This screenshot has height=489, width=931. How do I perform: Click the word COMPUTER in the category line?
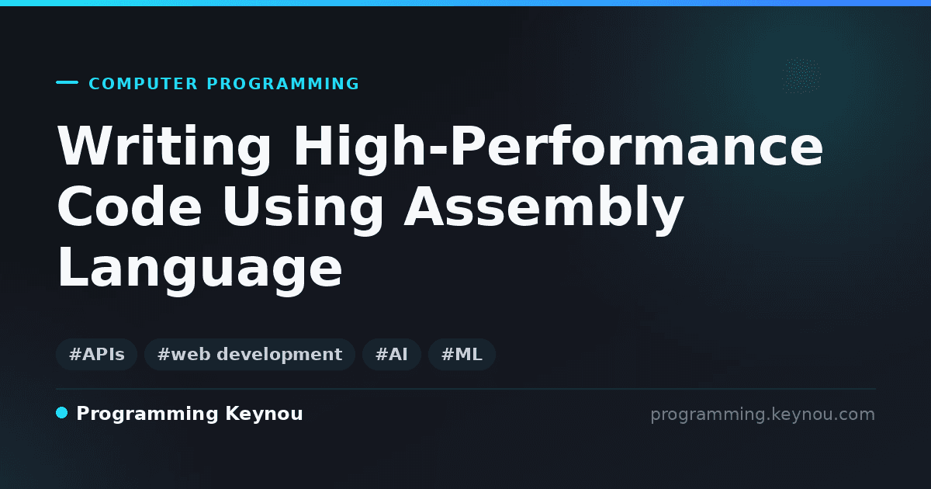[x=143, y=84]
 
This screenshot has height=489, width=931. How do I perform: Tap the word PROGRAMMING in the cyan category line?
[x=282, y=84]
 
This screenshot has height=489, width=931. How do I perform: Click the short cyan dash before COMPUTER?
[x=67, y=82]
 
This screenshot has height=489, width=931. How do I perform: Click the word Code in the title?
[x=130, y=206]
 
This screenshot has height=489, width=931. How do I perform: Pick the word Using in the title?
[x=303, y=210]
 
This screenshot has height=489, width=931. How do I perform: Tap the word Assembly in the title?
[x=544, y=210]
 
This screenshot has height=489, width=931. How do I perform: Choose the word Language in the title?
[x=200, y=270]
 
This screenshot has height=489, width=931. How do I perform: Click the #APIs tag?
[x=96, y=354]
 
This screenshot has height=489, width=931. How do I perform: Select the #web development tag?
[x=250, y=354]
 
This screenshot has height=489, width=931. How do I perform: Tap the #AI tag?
[x=392, y=354]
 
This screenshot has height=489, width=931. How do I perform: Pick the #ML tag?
[x=462, y=354]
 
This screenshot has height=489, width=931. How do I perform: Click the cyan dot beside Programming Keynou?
[x=62, y=413]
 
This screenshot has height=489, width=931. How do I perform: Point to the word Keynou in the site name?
[x=264, y=414]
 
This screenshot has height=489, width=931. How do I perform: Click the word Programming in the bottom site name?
[x=147, y=414]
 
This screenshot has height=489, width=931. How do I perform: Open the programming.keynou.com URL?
[x=763, y=414]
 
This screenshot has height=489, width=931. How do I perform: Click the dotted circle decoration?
[x=801, y=76]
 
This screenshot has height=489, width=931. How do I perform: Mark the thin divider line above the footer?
[x=466, y=389]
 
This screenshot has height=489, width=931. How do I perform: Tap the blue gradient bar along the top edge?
[x=465, y=3]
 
